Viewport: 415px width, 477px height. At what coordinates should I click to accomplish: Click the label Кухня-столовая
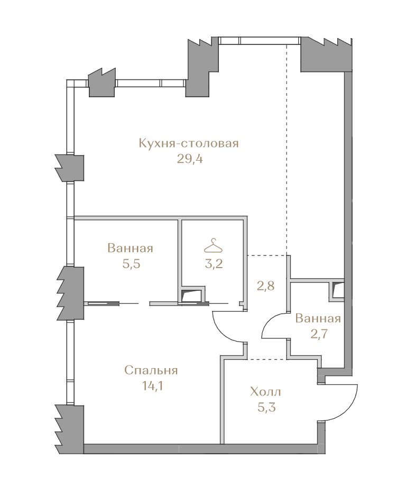pyautogui.click(x=189, y=143)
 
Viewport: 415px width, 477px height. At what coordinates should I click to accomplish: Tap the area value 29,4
pyautogui.click(x=190, y=159)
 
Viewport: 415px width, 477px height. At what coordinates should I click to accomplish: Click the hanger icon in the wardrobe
pyautogui.click(x=213, y=246)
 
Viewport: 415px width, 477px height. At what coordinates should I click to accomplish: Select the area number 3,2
pyautogui.click(x=214, y=264)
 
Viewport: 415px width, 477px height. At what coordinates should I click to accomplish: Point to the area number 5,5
pyautogui.click(x=131, y=264)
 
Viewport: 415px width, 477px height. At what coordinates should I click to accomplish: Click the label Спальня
pyautogui.click(x=151, y=371)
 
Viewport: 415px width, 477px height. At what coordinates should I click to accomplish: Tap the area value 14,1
pyautogui.click(x=152, y=386)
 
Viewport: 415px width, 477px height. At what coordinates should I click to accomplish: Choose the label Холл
pyautogui.click(x=265, y=392)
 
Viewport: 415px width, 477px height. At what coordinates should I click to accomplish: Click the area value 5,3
pyautogui.click(x=266, y=407)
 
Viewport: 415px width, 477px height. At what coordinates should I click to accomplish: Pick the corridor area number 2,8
pyautogui.click(x=266, y=286)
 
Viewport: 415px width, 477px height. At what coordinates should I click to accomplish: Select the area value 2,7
pyautogui.click(x=319, y=334)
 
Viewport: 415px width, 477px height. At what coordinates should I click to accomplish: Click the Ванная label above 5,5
pyautogui.click(x=130, y=248)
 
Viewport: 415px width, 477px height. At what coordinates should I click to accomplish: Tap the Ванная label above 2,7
pyautogui.click(x=318, y=318)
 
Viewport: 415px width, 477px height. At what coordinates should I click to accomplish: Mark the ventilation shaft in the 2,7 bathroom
pyautogui.click(x=337, y=291)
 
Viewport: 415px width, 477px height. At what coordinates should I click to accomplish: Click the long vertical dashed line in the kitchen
pyautogui.click(x=287, y=149)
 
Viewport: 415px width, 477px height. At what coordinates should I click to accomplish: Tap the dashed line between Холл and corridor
pyautogui.click(x=266, y=359)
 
